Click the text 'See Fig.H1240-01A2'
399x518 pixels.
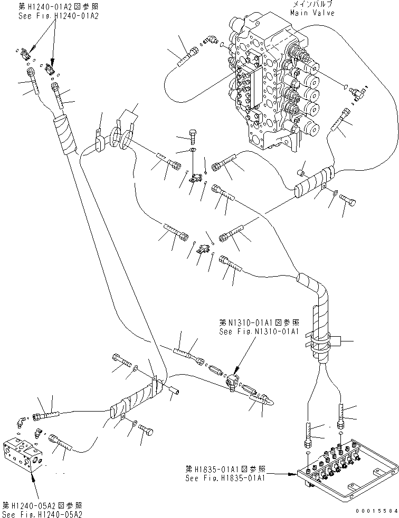click(51, 16)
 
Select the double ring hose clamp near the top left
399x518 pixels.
click(120, 138)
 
